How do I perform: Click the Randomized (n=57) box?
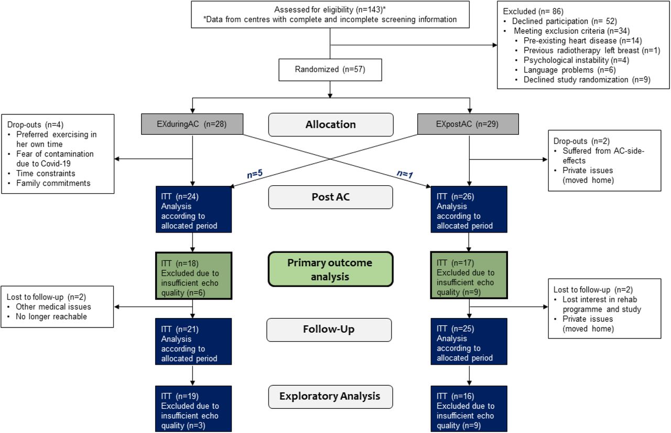pyautogui.click(x=330, y=70)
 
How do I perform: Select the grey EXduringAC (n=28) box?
pyautogui.click(x=192, y=124)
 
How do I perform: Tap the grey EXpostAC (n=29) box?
pyautogui.click(x=468, y=124)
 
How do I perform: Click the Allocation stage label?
pyautogui.click(x=331, y=124)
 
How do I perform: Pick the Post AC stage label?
pyautogui.click(x=330, y=197)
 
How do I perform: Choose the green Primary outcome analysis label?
pyautogui.click(x=330, y=269)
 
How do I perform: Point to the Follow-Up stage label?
pyautogui.click(x=329, y=330)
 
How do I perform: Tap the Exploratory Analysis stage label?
pyautogui.click(x=330, y=396)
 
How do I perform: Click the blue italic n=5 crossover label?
pyautogui.click(x=255, y=173)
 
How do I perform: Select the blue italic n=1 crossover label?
pyautogui.click(x=405, y=173)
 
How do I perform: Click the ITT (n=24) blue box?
pyautogui.click(x=193, y=209)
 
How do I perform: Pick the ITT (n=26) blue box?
pyautogui.click(x=469, y=209)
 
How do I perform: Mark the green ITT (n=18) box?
pyautogui.click(x=193, y=276)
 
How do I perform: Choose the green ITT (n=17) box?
pyautogui.click(x=469, y=275)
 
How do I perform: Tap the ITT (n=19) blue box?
pyautogui.click(x=193, y=409)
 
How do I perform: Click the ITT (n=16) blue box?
pyautogui.click(x=469, y=409)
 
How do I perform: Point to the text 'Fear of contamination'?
pyautogui.click(x=55, y=154)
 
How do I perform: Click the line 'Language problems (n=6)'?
pyautogui.click(x=569, y=70)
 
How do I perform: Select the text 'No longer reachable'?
pyautogui.click(x=51, y=316)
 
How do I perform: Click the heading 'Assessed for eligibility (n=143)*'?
pyautogui.click(x=330, y=9)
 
